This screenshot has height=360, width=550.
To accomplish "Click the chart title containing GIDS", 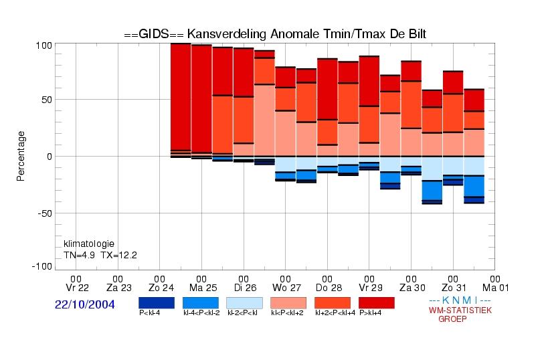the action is [x=275, y=34].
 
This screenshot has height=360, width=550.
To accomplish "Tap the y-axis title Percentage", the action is [x=21, y=156].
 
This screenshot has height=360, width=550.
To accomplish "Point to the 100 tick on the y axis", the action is [x=44, y=46].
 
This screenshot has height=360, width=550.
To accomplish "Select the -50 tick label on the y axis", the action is [x=45, y=213].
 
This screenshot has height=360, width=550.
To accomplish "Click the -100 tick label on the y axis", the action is [x=42, y=266].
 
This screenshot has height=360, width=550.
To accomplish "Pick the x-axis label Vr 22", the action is [x=77, y=288].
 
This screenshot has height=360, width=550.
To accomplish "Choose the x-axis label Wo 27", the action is [x=286, y=288].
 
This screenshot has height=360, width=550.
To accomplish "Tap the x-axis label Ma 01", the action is [x=495, y=288].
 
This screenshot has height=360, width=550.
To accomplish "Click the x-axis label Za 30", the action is [x=412, y=288].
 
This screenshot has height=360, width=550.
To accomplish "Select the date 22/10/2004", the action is [x=85, y=304].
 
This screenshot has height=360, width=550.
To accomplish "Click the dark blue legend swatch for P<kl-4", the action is [x=157, y=303].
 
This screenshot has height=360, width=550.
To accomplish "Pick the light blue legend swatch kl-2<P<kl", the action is [x=244, y=303].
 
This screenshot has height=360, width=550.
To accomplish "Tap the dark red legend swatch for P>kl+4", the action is [x=377, y=303].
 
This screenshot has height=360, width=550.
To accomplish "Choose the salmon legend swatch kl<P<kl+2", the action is [x=288, y=303].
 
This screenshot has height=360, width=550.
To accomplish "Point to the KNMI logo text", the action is [x=460, y=300].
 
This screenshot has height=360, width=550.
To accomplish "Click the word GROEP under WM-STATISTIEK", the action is [x=452, y=319].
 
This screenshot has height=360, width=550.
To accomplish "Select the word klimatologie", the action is [x=89, y=244].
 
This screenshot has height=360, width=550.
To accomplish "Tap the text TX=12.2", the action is [x=118, y=255].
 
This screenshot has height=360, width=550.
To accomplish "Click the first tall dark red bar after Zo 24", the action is [x=181, y=97].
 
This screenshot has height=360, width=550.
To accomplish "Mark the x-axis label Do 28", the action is [x=329, y=288].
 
